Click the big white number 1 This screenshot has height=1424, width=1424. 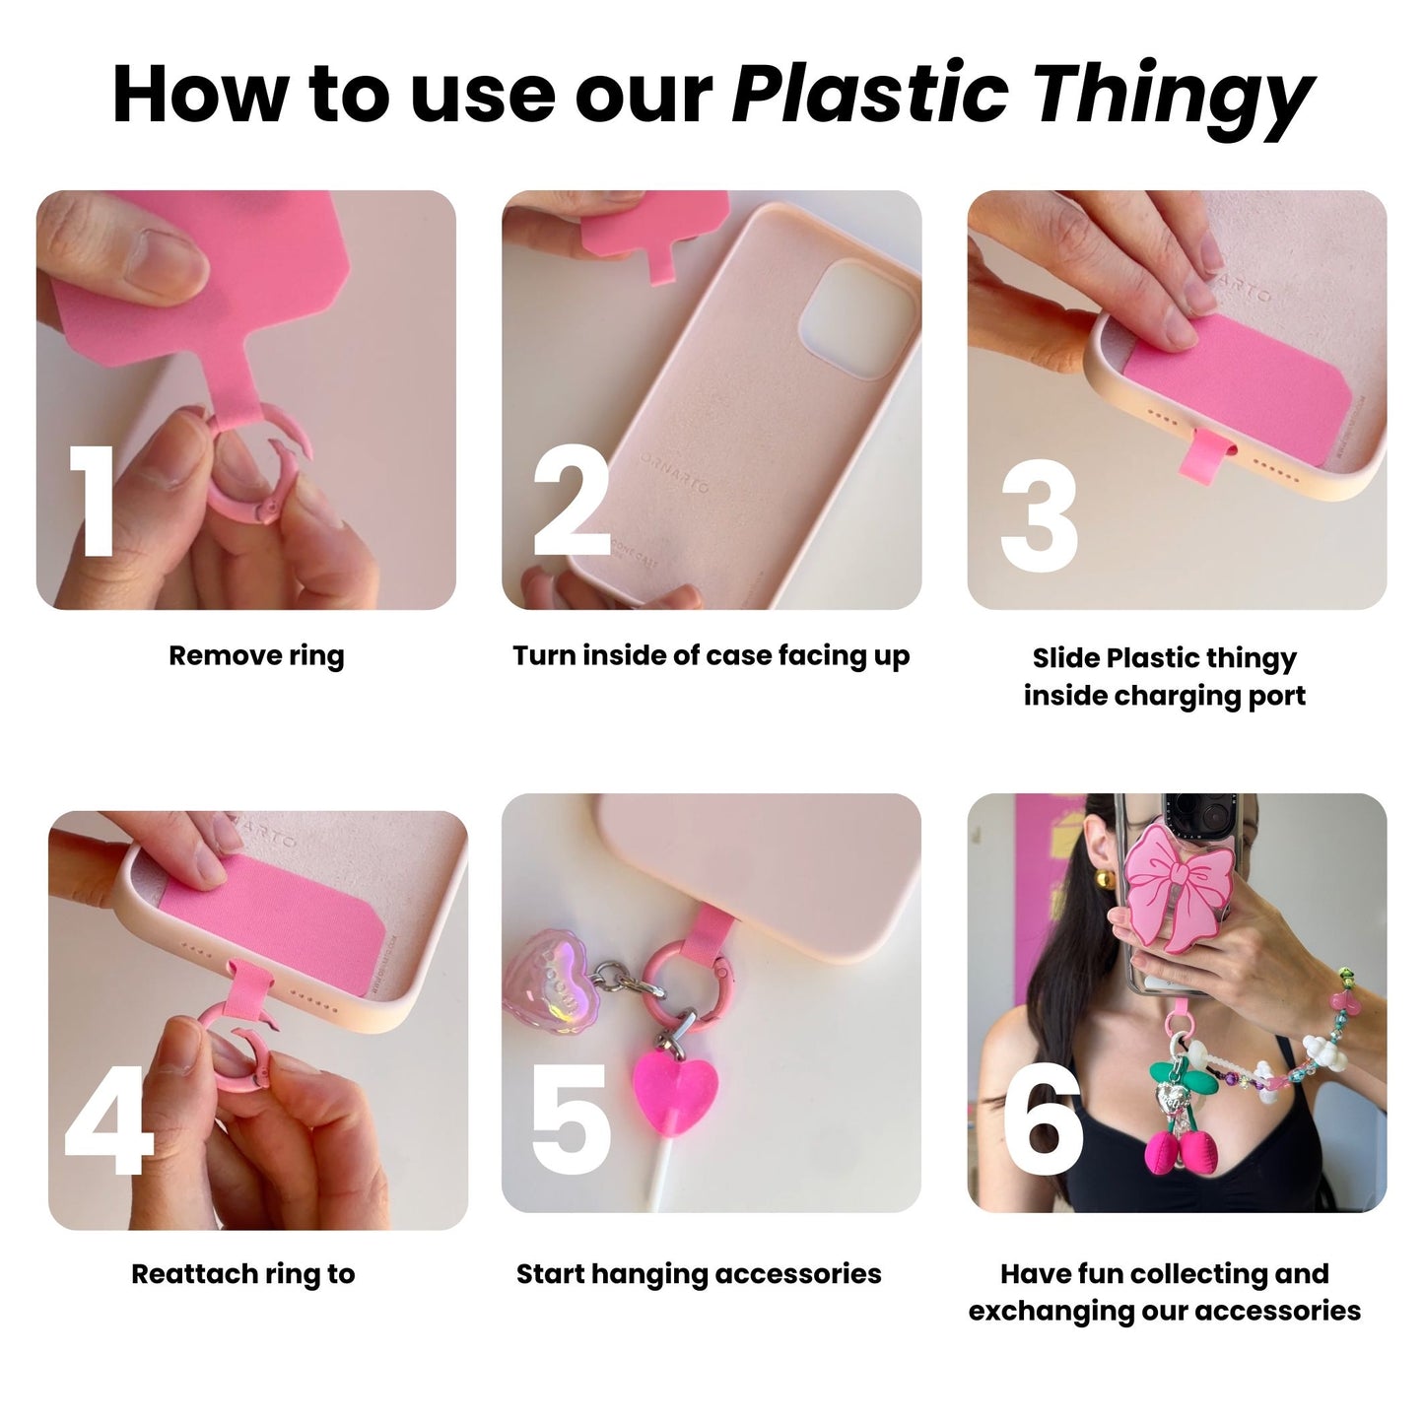pyautogui.click(x=97, y=502)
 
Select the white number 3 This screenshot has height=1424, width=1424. pyautogui.click(x=1039, y=517)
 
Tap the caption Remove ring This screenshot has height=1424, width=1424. pyautogui.click(x=256, y=656)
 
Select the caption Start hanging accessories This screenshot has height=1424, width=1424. pyautogui.click(x=699, y=1274)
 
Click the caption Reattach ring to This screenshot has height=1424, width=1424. pyautogui.click(x=242, y=1274)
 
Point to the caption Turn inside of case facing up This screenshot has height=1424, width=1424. pyautogui.click(x=711, y=656)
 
